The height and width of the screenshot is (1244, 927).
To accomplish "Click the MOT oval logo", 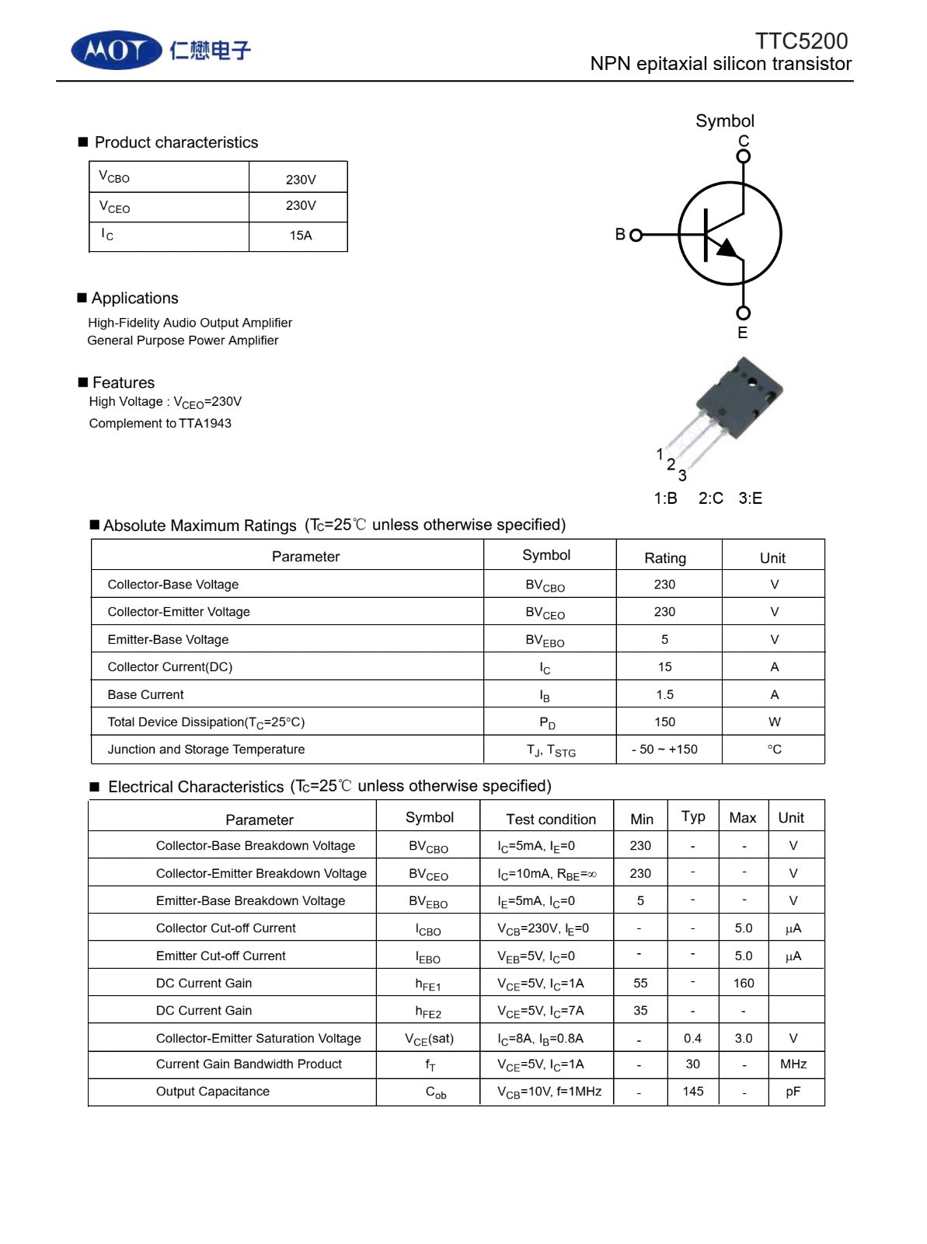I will pyautogui.click(x=117, y=51).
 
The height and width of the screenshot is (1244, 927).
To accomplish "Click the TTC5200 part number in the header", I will pyautogui.click(x=801, y=41).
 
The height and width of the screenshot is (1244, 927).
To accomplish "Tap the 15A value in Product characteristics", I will pyautogui.click(x=301, y=236).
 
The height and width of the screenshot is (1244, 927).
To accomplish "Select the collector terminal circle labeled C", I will pyautogui.click(x=744, y=156).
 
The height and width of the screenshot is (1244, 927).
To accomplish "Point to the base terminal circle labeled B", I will pyautogui.click(x=636, y=235).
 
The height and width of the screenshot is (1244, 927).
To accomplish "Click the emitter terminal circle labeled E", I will pyautogui.click(x=744, y=313).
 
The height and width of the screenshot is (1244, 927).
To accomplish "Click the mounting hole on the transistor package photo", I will pyautogui.click(x=751, y=383).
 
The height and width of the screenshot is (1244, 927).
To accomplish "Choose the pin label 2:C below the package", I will pyautogui.click(x=710, y=498).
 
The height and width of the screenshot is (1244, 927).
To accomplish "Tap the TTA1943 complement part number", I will pyautogui.click(x=205, y=424).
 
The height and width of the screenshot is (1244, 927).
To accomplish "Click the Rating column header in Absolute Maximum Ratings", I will pyautogui.click(x=665, y=558).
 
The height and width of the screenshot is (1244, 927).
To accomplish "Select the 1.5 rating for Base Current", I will pyautogui.click(x=664, y=695).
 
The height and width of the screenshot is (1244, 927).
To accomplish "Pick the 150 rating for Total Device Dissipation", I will pyautogui.click(x=664, y=722).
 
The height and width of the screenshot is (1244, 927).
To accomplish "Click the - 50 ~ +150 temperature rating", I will pyautogui.click(x=664, y=750).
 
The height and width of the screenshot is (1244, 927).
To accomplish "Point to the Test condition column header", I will pyautogui.click(x=551, y=819).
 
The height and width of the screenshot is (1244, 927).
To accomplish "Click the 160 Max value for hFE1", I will pyautogui.click(x=744, y=984).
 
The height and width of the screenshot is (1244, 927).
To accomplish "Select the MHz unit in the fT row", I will pyautogui.click(x=793, y=1064).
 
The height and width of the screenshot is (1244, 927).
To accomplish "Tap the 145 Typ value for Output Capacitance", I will pyautogui.click(x=693, y=1092).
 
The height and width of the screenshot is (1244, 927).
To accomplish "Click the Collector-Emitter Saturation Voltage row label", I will pyautogui.click(x=258, y=1039).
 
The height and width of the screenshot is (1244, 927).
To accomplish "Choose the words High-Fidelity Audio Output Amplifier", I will pyautogui.click(x=190, y=323).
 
